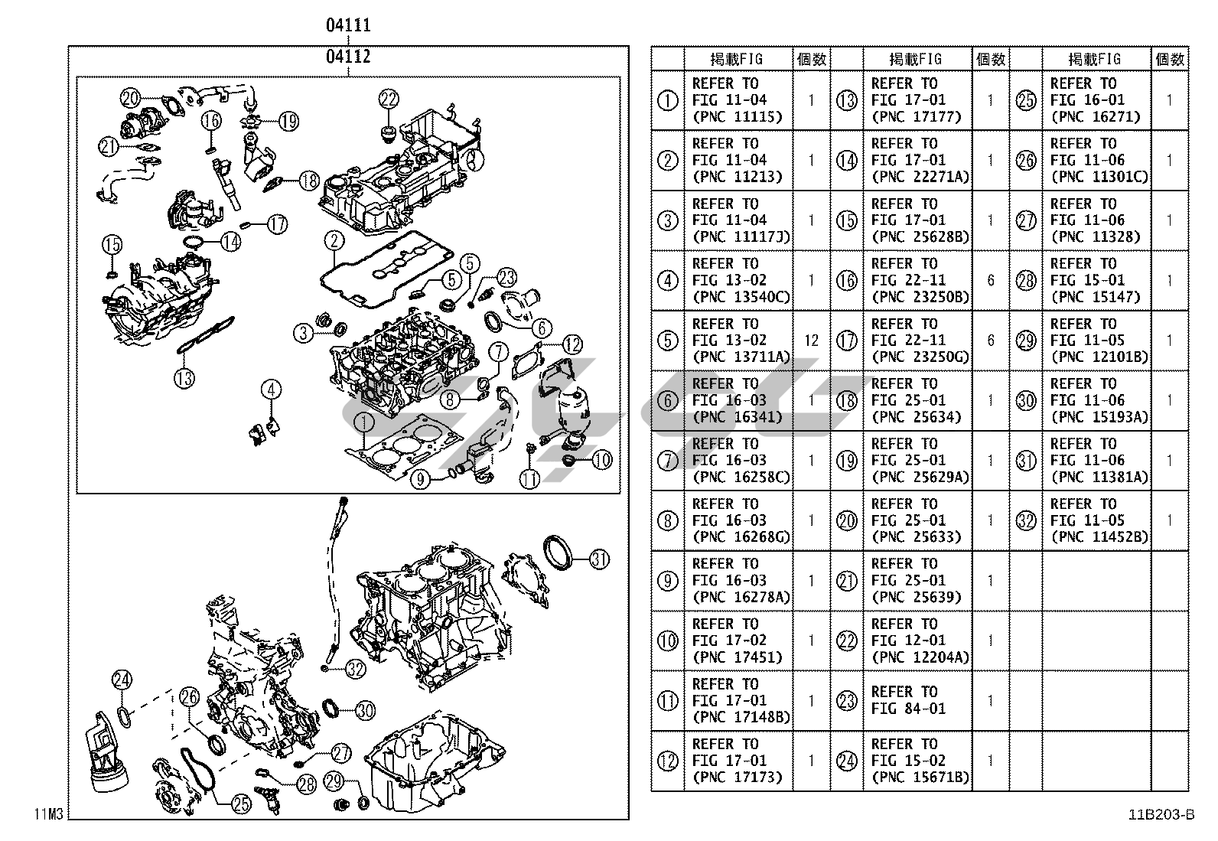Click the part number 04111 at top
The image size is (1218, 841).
point(348,25)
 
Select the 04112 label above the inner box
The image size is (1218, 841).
point(348,56)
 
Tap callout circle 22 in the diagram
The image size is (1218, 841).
point(389,99)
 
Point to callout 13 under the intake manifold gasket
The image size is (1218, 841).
point(184,376)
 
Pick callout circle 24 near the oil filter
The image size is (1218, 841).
point(122,680)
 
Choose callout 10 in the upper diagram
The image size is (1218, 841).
point(602,460)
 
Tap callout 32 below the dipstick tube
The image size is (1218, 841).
point(355,670)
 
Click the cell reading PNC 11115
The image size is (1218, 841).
point(738,100)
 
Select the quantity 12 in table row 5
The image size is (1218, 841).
point(811,341)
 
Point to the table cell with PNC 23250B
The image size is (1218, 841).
point(917,280)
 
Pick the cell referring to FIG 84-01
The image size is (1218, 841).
point(917,700)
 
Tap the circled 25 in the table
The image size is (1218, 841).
point(1025,100)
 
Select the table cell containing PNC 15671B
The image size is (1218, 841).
point(917,761)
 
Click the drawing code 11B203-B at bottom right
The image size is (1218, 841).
point(1160,815)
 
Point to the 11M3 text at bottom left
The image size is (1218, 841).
point(47,813)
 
